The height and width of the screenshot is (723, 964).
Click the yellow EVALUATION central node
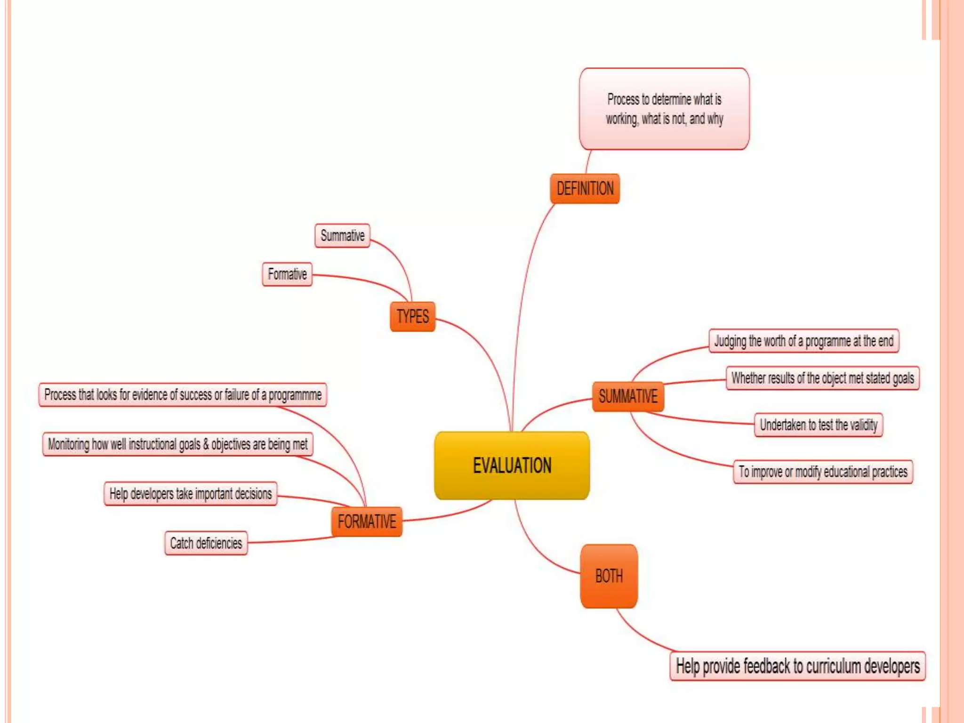coord(512,465)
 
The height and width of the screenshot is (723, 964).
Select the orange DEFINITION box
coord(585,189)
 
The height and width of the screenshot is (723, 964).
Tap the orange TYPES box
coord(412,316)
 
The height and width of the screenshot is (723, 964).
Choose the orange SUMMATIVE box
coord(628,396)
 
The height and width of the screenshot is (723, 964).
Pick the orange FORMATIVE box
coord(367,522)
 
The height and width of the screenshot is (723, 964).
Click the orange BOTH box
coord(609,576)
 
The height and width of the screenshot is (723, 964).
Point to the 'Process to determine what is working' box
coord(664,109)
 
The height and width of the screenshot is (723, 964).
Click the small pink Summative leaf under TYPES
coord(342,235)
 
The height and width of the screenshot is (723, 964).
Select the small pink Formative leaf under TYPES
coord(287,274)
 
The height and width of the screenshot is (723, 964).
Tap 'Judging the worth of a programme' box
coord(803,341)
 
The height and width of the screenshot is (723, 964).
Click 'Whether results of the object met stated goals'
coord(822,378)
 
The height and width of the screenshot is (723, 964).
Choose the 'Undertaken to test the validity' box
coord(818,425)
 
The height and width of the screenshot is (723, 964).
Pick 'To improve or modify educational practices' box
coord(823,472)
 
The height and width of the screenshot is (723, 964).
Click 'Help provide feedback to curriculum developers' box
coord(797,666)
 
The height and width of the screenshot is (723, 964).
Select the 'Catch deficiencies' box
coord(206,543)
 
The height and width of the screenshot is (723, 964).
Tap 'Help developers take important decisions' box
coord(190,494)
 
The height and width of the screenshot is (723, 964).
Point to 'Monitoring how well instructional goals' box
coord(177,444)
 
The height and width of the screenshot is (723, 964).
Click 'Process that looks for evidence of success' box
coord(183,394)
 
